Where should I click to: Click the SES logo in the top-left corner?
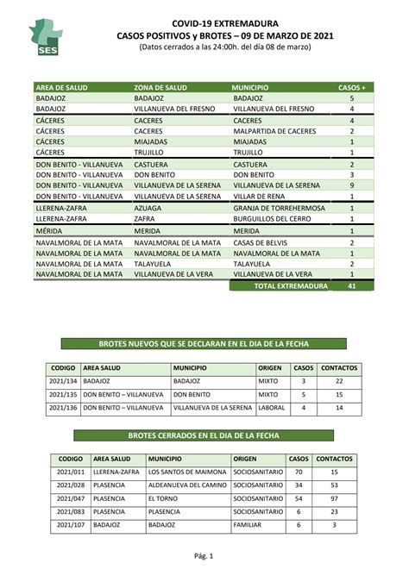click(x=46, y=35)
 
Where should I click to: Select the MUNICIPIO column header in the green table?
click(x=250, y=88)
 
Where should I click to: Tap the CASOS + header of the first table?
click(x=351, y=88)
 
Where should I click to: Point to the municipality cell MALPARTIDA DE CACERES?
click(x=274, y=131)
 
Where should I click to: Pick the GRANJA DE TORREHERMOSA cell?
click(x=280, y=209)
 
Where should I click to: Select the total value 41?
click(x=351, y=285)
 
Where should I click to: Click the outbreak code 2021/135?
click(x=63, y=394)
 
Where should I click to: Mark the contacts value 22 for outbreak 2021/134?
click(x=339, y=380)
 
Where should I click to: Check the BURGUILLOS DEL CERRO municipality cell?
click(x=276, y=220)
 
